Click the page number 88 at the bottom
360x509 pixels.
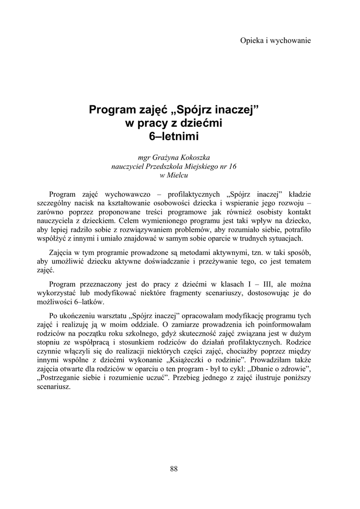tap(174, 469)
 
